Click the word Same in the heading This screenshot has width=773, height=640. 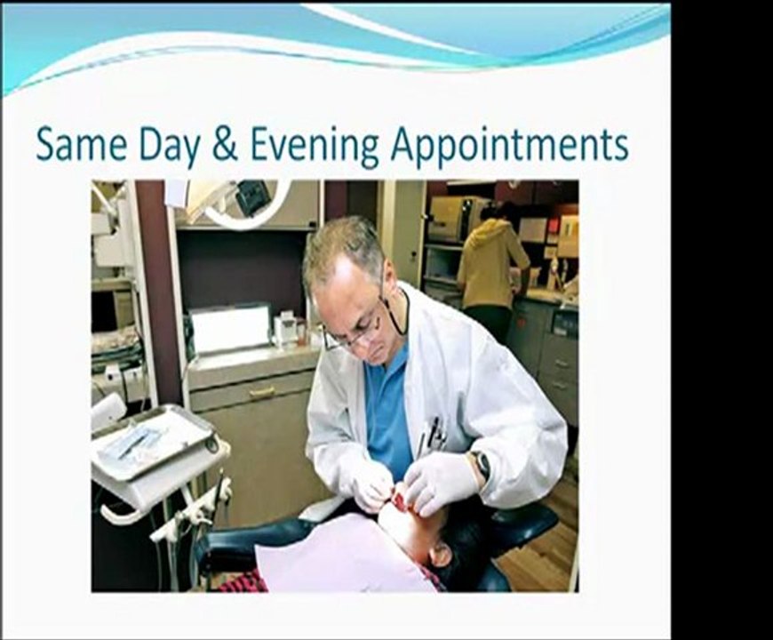[x=81, y=145]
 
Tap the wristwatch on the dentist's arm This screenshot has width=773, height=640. [x=481, y=463]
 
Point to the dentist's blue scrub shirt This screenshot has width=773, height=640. [x=388, y=404]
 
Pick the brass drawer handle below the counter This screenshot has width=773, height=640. [x=261, y=392]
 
